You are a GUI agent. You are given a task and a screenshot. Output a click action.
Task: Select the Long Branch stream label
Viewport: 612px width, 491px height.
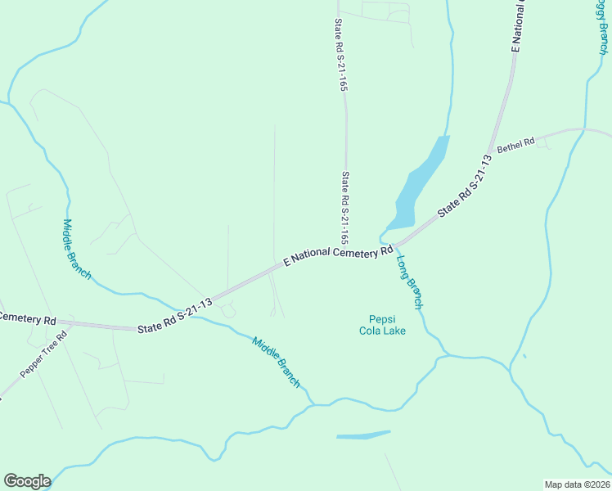coord(409,282)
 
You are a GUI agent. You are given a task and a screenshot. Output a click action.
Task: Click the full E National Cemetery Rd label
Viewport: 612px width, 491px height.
coord(338,254)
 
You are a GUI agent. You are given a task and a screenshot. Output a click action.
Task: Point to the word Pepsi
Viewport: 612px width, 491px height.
coord(382,319)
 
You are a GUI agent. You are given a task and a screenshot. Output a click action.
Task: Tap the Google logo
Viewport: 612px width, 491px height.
coord(27,481)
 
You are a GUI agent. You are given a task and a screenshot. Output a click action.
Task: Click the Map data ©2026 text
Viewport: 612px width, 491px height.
coord(577,484)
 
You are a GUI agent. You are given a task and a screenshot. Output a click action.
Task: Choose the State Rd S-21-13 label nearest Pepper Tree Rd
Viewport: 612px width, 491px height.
coord(174,314)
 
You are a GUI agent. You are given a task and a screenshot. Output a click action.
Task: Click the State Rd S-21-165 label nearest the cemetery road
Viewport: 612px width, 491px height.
coord(345,208)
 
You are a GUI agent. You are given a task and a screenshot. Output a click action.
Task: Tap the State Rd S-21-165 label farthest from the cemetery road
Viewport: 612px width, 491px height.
coord(339,54)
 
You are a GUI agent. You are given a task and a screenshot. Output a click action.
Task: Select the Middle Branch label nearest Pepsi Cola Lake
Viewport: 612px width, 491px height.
coord(277,363)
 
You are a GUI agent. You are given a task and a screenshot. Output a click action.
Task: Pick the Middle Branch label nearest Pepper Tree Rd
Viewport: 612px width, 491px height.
coord(77,250)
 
